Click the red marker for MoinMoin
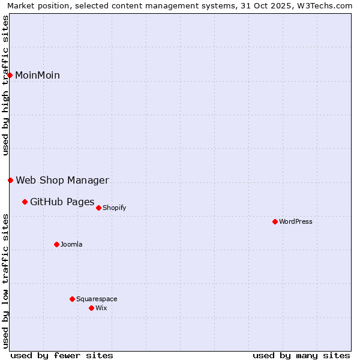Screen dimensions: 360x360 [x=10, y=75]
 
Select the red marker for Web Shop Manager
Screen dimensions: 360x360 [x=10, y=180]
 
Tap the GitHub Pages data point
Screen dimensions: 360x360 [x=25, y=202]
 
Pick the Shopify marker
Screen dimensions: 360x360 [x=98, y=208]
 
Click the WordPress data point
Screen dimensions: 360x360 [x=275, y=221]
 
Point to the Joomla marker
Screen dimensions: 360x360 [x=56, y=244]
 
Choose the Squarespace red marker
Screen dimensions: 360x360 [x=72, y=299]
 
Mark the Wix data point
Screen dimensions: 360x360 [x=91, y=308]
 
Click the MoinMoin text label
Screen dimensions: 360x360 [x=37, y=75]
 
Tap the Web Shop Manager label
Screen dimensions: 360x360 [x=62, y=180]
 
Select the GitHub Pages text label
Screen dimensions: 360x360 [x=62, y=202]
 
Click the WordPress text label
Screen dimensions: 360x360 [x=295, y=221]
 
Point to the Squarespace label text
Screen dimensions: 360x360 [x=97, y=299]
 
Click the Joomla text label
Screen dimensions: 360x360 [x=71, y=244]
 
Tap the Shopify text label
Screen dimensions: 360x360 [x=114, y=208]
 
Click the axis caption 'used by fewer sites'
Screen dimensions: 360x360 [x=62, y=355]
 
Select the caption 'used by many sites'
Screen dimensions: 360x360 [x=301, y=355]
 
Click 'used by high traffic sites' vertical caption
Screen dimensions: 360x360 [x=5, y=85]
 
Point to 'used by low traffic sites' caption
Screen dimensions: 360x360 [x=5, y=280]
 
